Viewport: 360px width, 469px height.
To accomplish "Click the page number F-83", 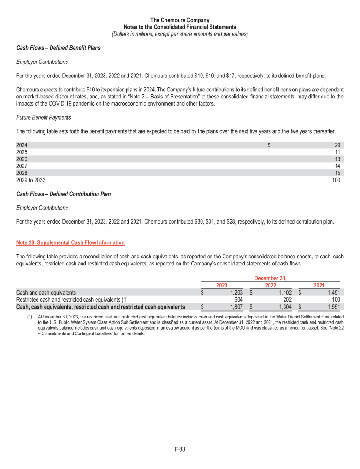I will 180,450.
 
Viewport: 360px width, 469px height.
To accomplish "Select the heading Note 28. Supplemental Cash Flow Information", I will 70,242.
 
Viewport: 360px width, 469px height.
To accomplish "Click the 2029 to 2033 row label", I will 31,180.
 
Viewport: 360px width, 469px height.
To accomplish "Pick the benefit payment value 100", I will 336,180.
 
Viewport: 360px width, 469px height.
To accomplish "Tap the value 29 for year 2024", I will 337,145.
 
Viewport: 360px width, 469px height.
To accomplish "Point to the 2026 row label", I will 22,159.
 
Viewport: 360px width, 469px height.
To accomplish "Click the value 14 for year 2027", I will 337,166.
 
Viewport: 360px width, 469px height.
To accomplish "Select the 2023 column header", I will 222,285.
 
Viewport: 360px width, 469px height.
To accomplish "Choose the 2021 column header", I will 319,285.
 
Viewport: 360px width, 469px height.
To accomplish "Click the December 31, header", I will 270,278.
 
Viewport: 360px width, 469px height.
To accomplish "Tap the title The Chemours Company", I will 180,20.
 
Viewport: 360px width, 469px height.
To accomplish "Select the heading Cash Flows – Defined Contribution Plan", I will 63,194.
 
